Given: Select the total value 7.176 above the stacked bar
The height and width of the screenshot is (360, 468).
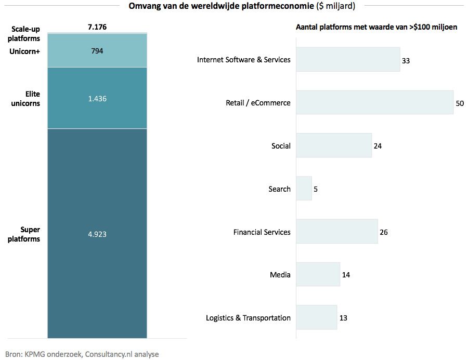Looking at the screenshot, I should tap(97, 27).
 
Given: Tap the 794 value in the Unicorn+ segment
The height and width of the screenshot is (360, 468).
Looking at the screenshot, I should tap(97, 51).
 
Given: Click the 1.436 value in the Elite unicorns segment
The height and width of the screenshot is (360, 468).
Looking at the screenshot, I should tap(97, 98).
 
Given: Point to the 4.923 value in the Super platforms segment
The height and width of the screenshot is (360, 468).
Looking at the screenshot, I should tap(97, 234).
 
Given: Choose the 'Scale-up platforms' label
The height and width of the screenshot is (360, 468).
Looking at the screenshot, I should tap(25, 34).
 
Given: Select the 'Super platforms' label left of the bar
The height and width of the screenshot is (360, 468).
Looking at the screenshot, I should tap(30, 234).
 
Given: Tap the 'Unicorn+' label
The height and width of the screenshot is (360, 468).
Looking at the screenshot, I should tap(25, 51).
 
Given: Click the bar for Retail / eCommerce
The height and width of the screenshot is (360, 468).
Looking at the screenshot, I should tap(374, 103).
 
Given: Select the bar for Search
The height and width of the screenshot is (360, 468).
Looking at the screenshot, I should tap(304, 189).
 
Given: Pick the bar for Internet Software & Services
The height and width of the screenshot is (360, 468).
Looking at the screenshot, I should tap(348, 60).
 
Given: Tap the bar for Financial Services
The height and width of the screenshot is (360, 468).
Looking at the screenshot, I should tap(337, 232).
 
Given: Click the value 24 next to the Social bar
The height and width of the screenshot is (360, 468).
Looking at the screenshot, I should tap(378, 146).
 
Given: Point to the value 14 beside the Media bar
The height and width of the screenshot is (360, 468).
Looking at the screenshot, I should tap(346, 275).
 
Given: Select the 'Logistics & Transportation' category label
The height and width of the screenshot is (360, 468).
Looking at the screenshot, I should tap(248, 318).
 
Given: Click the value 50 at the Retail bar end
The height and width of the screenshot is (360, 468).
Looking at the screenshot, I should tap(459, 103).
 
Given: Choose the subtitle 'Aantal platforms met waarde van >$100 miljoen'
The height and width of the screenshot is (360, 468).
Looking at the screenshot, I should tap(376, 27).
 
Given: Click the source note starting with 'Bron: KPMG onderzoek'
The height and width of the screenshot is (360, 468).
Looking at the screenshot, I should tap(82, 354).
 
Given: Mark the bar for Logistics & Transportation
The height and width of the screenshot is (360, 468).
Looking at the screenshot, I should tap(317, 318).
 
